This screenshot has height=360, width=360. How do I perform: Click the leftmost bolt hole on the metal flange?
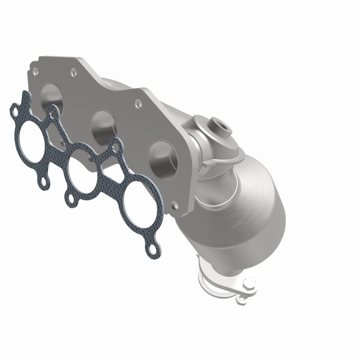(35, 72)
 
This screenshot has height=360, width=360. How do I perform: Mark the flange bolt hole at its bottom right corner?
(175, 206)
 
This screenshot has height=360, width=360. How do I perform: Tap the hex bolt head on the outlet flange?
(248, 285)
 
